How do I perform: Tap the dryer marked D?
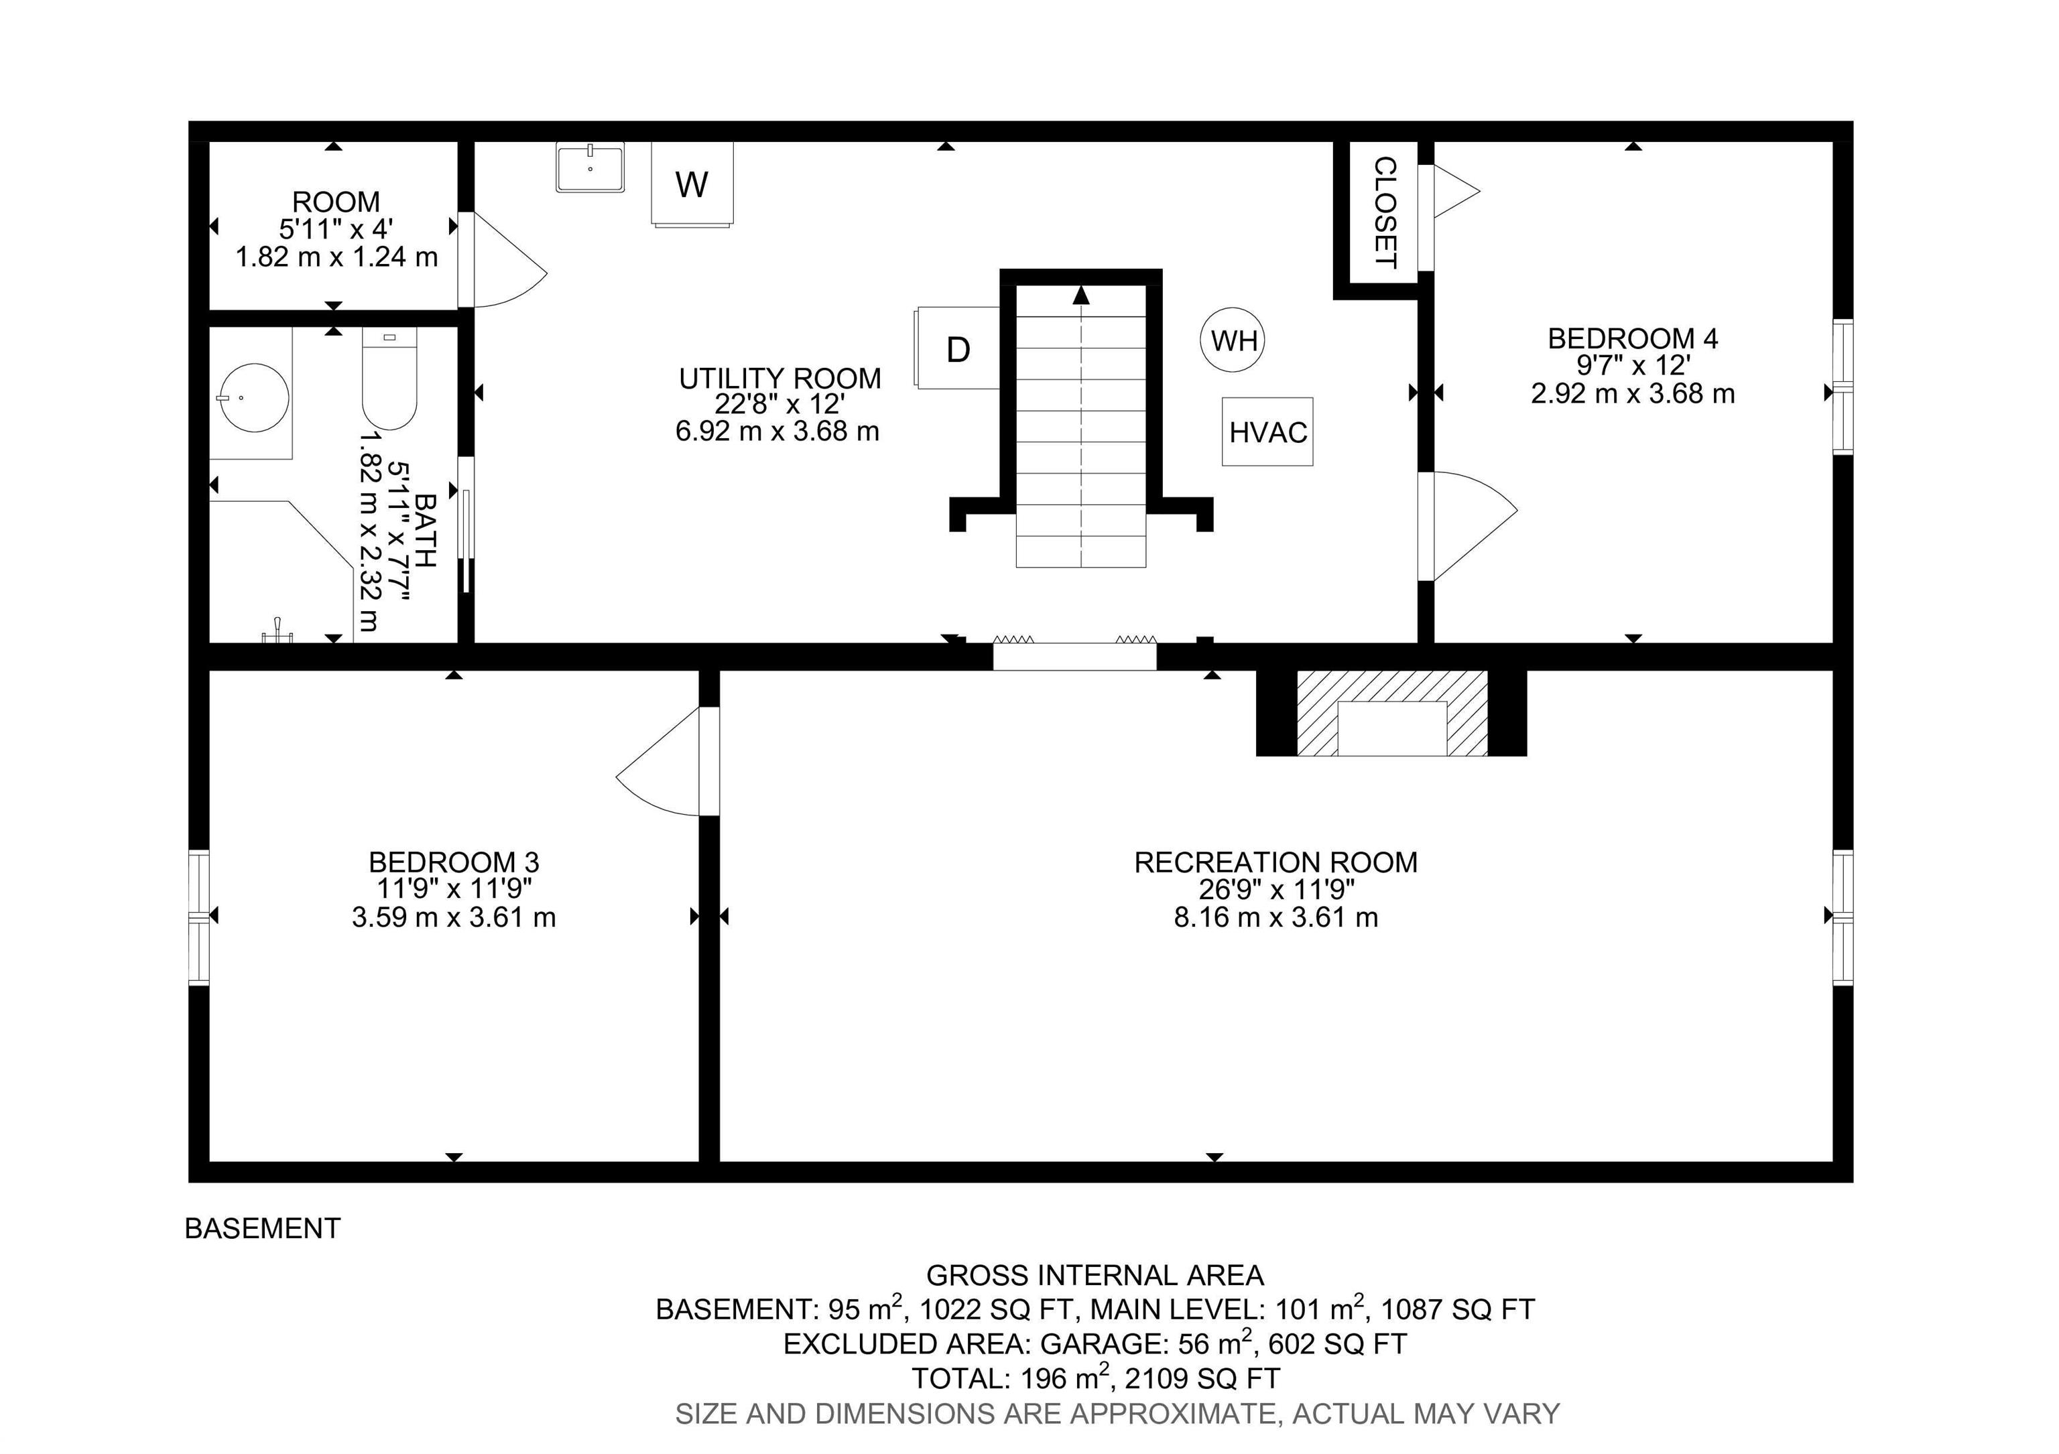tap(957, 348)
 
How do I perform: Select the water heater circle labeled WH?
tap(1233, 340)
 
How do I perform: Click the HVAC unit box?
tap(1267, 432)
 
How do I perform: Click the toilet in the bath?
tap(389, 379)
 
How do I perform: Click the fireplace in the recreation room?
tap(1392, 714)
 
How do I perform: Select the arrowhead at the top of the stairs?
tap(1082, 295)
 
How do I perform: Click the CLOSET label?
tap(1385, 212)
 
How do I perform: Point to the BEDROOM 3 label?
tap(454, 862)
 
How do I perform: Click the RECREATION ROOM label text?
tap(1276, 862)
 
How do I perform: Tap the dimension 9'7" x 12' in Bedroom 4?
tap(1633, 366)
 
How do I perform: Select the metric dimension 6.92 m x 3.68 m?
tap(777, 432)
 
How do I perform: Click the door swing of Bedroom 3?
tap(659, 762)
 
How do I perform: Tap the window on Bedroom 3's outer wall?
tap(199, 917)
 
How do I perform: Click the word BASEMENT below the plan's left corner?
tap(263, 1228)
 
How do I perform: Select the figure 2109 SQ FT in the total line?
tap(1202, 1378)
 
